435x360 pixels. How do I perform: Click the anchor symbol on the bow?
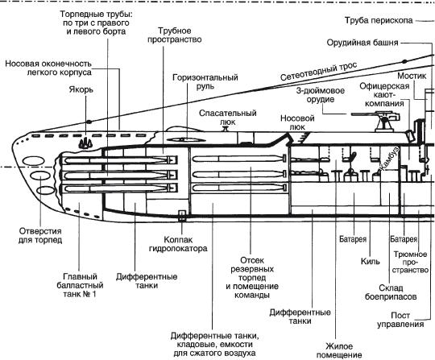pyautogui.click(x=85, y=143)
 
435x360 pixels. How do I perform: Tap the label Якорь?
pyautogui.click(x=81, y=90)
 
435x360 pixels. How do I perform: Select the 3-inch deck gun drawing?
pyautogui.click(x=376, y=121)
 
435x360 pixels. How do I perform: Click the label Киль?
pyautogui.click(x=371, y=261)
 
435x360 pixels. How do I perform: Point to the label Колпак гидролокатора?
pyautogui.click(x=178, y=244)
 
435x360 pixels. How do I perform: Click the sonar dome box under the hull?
pyautogui.click(x=182, y=215)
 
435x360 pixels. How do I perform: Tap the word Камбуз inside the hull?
pyautogui.click(x=388, y=159)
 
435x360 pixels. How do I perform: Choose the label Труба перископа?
pyautogui.click(x=379, y=20)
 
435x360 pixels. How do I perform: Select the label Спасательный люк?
pyautogui.click(x=228, y=118)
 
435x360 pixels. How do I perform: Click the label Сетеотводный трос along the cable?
pyautogui.click(x=318, y=72)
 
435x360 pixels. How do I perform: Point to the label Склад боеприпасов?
pyautogui.click(x=391, y=292)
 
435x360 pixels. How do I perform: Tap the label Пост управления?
pyautogui.click(x=400, y=320)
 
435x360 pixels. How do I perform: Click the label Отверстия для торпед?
pyautogui.click(x=40, y=235)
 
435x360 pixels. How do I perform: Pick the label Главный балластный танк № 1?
pyautogui.click(x=80, y=285)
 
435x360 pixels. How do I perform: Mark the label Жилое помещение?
pyautogui.click(x=339, y=350)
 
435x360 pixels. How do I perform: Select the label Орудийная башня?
pyautogui.click(x=362, y=43)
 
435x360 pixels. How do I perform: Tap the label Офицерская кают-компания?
pyautogui.click(x=384, y=94)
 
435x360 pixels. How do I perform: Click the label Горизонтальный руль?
pyautogui.click(x=205, y=81)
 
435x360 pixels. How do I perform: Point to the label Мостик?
pyautogui.click(x=412, y=76)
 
